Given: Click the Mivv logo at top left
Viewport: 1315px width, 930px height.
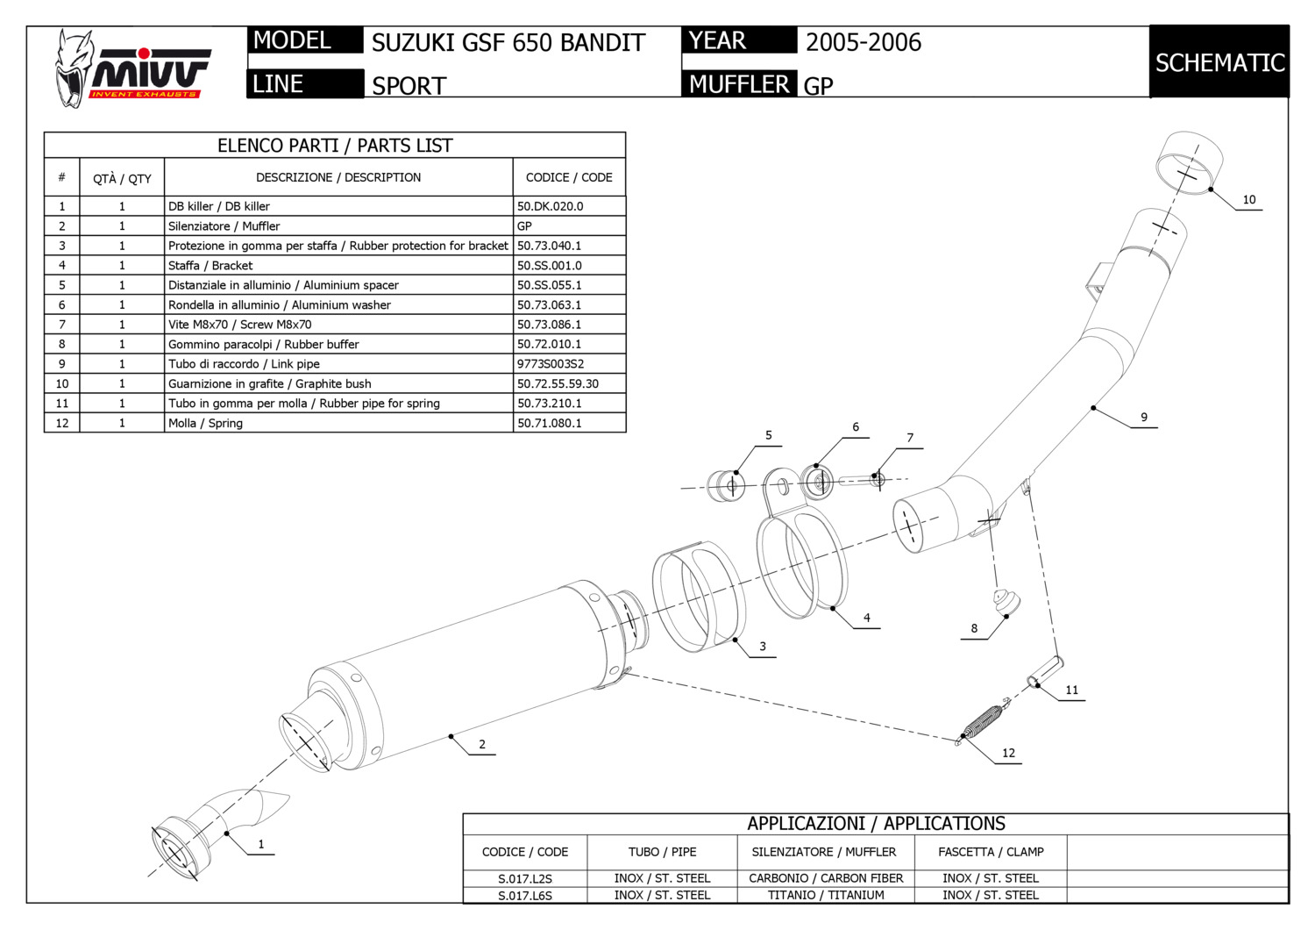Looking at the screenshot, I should pyautogui.click(x=131, y=68).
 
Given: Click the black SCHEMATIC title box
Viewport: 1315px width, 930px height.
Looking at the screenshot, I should pyautogui.click(x=1219, y=62).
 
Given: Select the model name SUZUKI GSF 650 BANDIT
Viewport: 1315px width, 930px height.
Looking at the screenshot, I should pyautogui.click(x=508, y=43).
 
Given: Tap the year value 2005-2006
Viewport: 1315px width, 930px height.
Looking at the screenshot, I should pyautogui.click(x=863, y=43).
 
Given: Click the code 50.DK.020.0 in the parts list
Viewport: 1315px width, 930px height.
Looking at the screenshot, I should pyautogui.click(x=550, y=206).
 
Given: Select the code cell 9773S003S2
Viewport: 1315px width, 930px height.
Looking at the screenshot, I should pyautogui.click(x=550, y=364).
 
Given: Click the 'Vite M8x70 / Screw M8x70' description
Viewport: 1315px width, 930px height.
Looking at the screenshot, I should pyautogui.click(x=239, y=325).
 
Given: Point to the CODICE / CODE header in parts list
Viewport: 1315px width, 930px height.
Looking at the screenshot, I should pyautogui.click(x=569, y=177).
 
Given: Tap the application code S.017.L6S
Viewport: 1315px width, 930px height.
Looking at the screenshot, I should pyautogui.click(x=525, y=896).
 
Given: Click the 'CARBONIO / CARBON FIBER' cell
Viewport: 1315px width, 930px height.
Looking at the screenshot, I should pyautogui.click(x=826, y=878).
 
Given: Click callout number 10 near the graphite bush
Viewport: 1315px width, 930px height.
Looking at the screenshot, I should pyautogui.click(x=1248, y=200).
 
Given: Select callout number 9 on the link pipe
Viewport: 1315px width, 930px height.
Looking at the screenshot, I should pyautogui.click(x=1143, y=418).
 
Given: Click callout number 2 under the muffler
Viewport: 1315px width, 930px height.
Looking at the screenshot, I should pyautogui.click(x=481, y=745).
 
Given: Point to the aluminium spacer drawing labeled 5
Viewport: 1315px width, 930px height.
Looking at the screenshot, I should pyautogui.click(x=726, y=484).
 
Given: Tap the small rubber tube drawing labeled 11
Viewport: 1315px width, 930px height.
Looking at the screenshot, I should pyautogui.click(x=1045, y=673).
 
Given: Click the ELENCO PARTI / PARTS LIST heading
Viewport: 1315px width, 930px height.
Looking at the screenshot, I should pyautogui.click(x=335, y=146).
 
